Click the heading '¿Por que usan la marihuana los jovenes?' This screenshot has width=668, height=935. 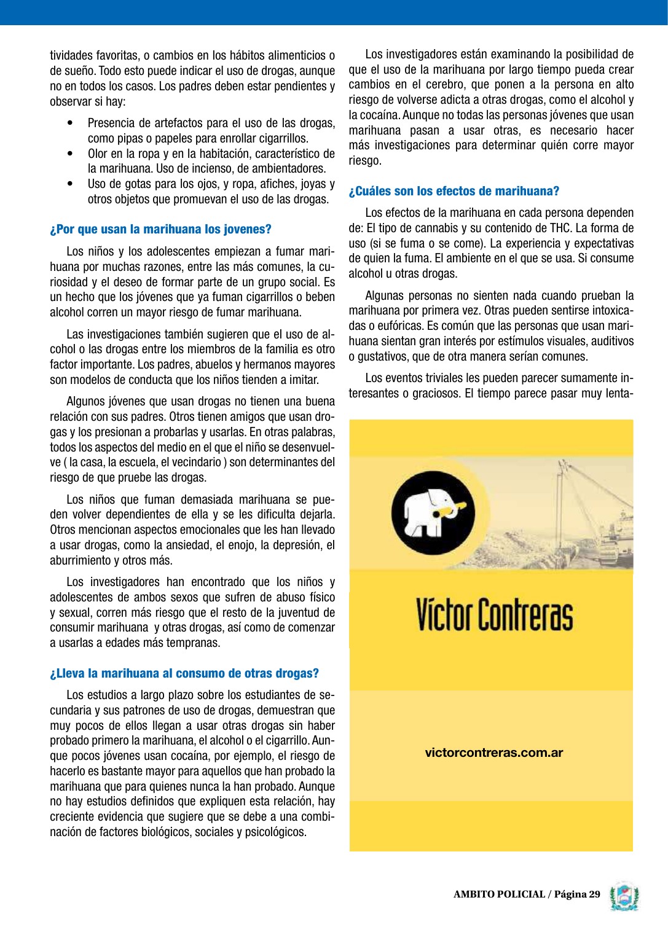click(x=160, y=230)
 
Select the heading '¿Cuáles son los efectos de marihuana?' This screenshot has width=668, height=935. click(x=454, y=191)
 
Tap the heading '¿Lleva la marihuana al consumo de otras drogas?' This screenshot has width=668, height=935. click(x=184, y=673)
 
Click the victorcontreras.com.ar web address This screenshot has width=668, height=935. click(x=494, y=753)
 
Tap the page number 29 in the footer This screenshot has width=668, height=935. click(x=594, y=894)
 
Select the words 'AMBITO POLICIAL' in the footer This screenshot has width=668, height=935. click(x=499, y=894)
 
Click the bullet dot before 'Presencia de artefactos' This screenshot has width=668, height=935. click(x=73, y=123)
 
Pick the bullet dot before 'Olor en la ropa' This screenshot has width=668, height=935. click(x=73, y=154)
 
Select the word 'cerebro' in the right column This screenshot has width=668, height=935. click(x=443, y=85)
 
